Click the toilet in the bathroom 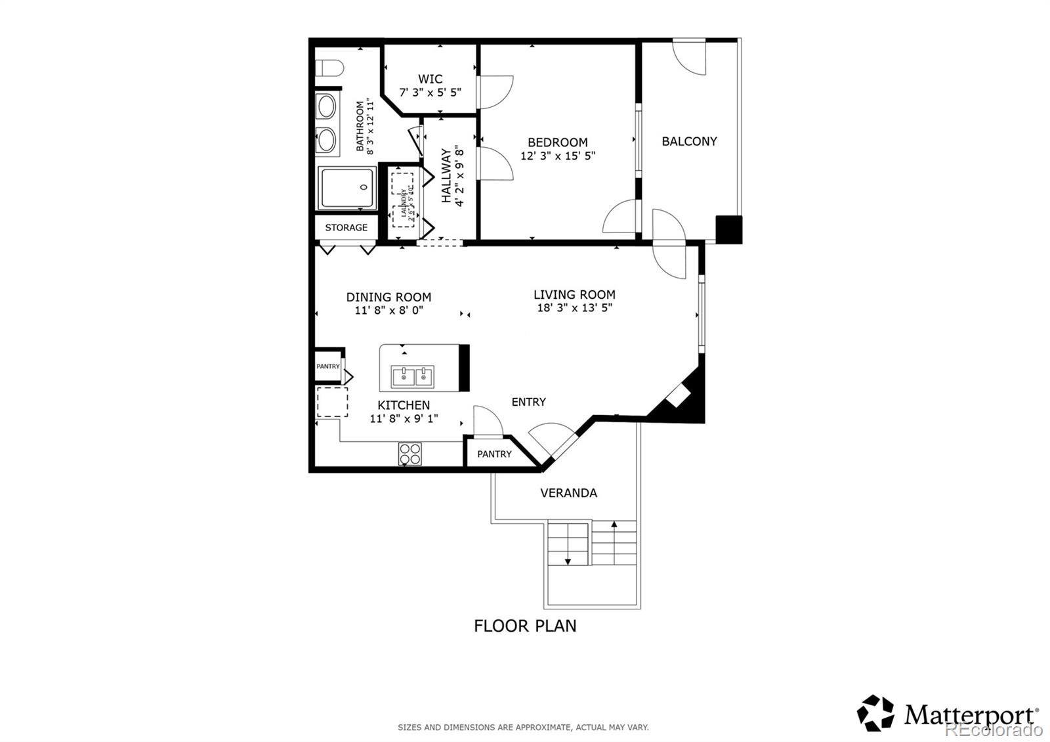point(330,68)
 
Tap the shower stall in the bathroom point(348,188)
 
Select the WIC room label point(430,79)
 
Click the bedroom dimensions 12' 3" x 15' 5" point(558,156)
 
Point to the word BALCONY point(689,141)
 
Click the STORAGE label point(346,228)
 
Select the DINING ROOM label point(388,297)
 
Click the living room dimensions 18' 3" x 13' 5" point(574,308)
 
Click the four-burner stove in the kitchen point(410,454)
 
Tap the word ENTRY point(528,402)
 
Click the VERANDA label point(568,493)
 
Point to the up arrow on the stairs point(614,524)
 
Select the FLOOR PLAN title point(525,626)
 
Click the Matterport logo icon point(875,712)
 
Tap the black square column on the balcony point(728,229)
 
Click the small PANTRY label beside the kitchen point(328,366)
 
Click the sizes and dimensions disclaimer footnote point(523,727)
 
